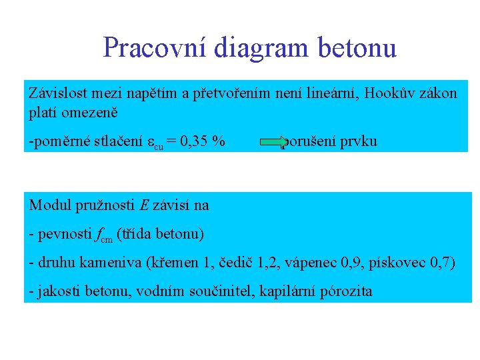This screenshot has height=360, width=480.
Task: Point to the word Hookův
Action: coord(401,93)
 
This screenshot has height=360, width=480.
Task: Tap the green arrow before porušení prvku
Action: coord(272,141)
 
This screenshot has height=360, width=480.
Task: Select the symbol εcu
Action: coord(155,143)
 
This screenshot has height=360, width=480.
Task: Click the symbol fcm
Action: coord(104,235)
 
